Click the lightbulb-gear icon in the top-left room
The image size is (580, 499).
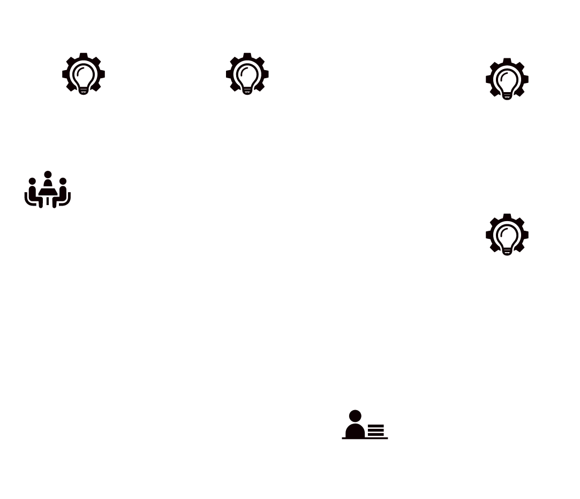(x=84, y=74)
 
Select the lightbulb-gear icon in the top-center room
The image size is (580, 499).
(x=247, y=74)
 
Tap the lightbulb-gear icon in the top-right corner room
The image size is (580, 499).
(x=507, y=79)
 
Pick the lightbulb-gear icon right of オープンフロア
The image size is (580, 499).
(x=507, y=235)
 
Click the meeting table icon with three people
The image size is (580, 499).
(x=48, y=188)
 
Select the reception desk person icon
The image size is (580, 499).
(x=364, y=424)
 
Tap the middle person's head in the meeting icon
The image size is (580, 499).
(x=48, y=175)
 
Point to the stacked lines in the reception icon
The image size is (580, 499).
(x=376, y=430)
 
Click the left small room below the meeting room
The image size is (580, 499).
(x=24, y=261)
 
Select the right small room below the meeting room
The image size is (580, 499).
(x=69, y=261)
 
